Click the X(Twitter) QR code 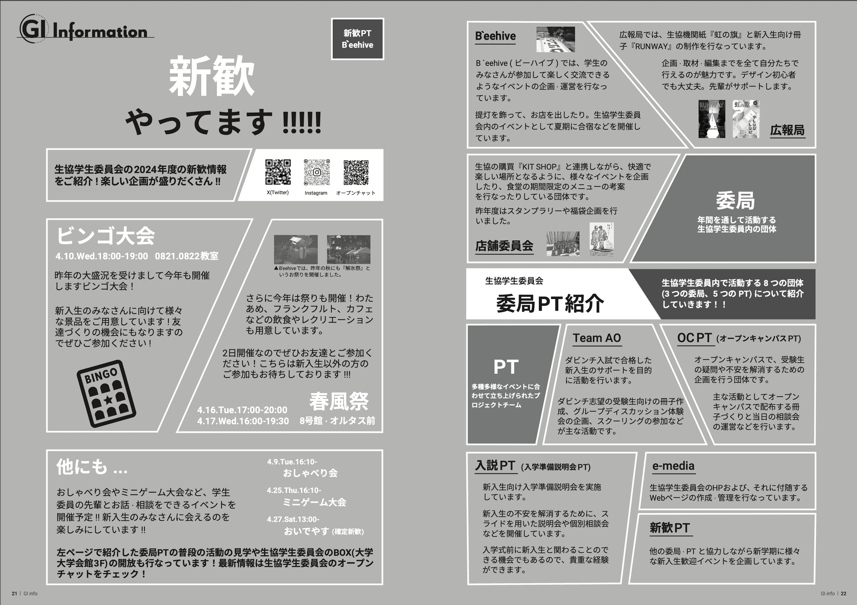tap(278, 172)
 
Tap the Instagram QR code tap(316, 172)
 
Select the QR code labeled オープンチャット tap(356, 172)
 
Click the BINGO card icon tap(106, 393)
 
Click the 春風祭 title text tap(339, 401)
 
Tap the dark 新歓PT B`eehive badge tap(358, 39)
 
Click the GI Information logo tap(85, 30)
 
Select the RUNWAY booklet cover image tap(711, 119)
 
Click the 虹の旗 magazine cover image tap(745, 119)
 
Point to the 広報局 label tap(787, 130)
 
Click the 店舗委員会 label tap(504, 246)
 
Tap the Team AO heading tap(597, 338)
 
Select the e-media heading tap(673, 466)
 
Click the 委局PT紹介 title tap(549, 304)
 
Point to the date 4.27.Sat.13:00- tap(293, 519)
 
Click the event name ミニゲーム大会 tap(314, 502)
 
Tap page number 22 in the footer tap(843, 593)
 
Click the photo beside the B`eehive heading tap(555, 39)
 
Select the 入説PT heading tap(495, 465)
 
